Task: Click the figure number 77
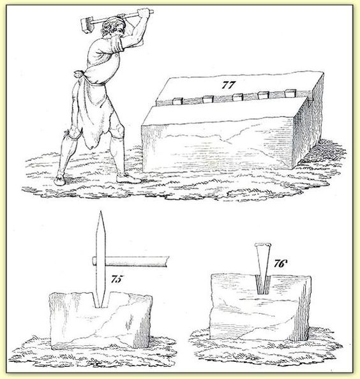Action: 229,85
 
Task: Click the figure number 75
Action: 117,279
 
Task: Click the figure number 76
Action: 280,264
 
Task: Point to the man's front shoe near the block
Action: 128,179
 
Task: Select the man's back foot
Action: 59,180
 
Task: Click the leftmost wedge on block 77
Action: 177,101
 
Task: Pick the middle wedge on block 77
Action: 237,97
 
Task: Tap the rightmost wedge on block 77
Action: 290,93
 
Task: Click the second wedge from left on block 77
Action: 208,99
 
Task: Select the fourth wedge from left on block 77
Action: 264,95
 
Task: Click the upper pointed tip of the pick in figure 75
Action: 100,212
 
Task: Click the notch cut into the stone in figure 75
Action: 101,300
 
